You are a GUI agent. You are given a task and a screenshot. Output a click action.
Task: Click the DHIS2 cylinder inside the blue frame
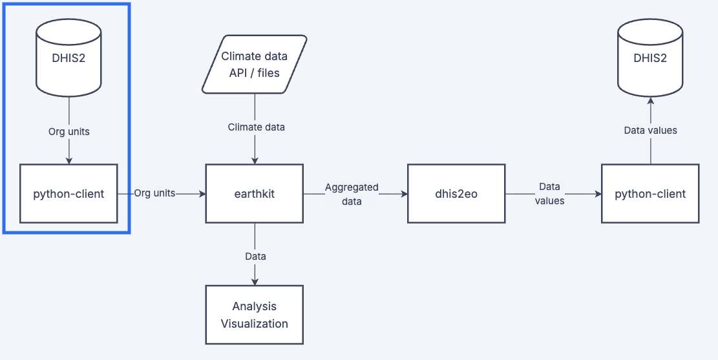click(x=69, y=57)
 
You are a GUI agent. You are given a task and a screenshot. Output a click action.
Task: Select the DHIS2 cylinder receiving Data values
click(x=650, y=57)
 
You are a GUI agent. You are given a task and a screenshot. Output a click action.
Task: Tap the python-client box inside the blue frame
click(x=69, y=193)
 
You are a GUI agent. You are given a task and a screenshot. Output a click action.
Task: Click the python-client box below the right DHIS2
click(x=650, y=193)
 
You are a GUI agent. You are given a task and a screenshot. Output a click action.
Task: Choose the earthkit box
click(x=254, y=193)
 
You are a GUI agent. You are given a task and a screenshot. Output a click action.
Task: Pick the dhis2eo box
click(x=456, y=193)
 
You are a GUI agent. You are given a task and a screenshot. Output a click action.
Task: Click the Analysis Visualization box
click(x=254, y=315)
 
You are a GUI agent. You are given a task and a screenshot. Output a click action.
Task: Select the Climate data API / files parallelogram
click(x=254, y=64)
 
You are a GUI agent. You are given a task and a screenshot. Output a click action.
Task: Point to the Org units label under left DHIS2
click(x=69, y=131)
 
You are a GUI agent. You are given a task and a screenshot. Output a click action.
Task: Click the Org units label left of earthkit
click(x=154, y=193)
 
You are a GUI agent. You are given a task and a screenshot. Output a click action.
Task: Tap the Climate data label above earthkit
click(x=256, y=127)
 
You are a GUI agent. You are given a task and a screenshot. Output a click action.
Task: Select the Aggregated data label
click(x=352, y=194)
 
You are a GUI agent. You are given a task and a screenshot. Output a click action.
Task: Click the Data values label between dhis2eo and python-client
click(x=551, y=194)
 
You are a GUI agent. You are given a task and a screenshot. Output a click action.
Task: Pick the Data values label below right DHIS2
click(x=650, y=131)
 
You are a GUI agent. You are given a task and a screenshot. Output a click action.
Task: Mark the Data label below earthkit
click(x=255, y=256)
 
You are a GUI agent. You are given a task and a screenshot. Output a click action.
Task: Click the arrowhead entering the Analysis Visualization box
click(x=255, y=282)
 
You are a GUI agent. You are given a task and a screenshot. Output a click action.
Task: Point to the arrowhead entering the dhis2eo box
click(x=403, y=193)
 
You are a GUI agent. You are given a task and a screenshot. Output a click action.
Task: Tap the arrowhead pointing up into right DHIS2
click(x=650, y=100)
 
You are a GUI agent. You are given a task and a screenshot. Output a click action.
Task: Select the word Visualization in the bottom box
click(x=254, y=323)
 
